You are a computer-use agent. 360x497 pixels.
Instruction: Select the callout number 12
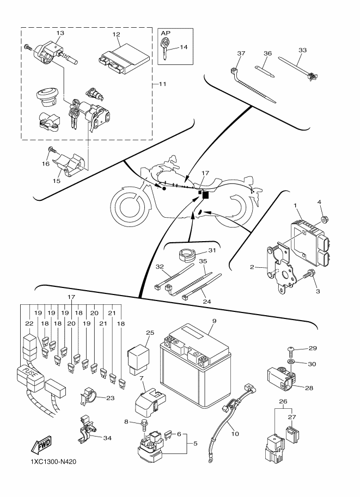(x=116, y=34)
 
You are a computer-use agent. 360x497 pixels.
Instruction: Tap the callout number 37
(x=241, y=53)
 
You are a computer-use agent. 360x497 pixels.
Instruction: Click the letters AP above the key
(x=166, y=33)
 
